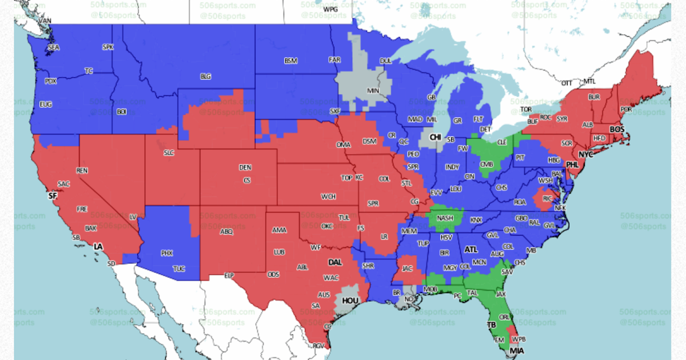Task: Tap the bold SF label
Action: point(53,195)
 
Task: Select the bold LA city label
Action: point(98,246)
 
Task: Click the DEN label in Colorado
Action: point(245,167)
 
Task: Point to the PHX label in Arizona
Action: point(166,253)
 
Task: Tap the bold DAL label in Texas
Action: point(335,262)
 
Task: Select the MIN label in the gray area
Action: point(373,90)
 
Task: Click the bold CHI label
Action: point(436,137)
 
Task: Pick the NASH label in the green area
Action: point(445,218)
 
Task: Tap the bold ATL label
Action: point(470,250)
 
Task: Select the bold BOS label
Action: point(617,130)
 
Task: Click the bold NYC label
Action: point(585,155)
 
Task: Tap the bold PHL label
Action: point(572,165)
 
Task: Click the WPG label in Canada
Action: point(330,10)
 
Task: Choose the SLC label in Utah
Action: point(169,153)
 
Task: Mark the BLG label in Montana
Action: point(205,76)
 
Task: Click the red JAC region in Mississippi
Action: point(407,267)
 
